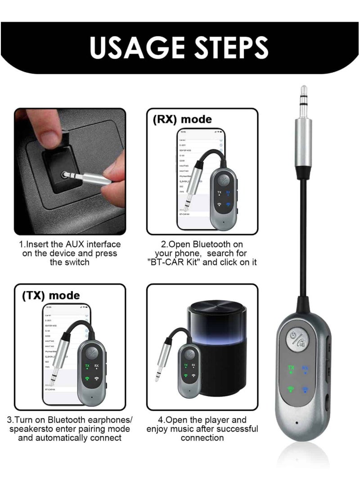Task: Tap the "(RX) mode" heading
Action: pyautogui.click(x=182, y=119)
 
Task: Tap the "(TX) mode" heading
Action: pyautogui.click(x=50, y=295)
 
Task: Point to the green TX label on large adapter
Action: pyautogui.click(x=291, y=368)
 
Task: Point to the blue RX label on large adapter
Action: pyautogui.click(x=306, y=368)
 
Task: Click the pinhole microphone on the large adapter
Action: pyautogui.click(x=297, y=423)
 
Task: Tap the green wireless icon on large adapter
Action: pyautogui.click(x=291, y=390)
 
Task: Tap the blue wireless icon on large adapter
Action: pyautogui.click(x=306, y=390)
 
